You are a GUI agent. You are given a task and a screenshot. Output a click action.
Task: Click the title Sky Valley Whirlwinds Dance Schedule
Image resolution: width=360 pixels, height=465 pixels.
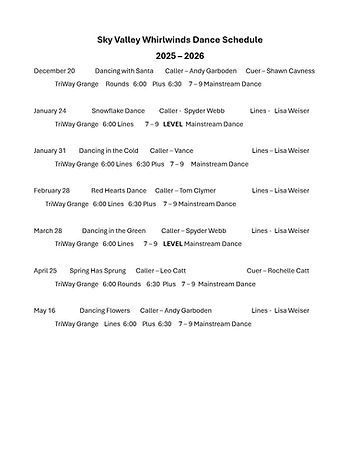click(180, 39)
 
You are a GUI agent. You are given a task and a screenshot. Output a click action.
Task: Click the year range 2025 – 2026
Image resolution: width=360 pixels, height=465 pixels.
click(180, 55)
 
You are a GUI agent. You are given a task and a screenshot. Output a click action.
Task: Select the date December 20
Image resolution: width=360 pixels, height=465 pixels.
click(54, 72)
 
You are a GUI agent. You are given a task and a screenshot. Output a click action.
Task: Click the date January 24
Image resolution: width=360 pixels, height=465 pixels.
click(50, 111)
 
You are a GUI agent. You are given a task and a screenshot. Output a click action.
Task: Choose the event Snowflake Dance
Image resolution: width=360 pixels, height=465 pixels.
click(119, 111)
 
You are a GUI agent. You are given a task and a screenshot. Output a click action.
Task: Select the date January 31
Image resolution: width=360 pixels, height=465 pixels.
click(49, 150)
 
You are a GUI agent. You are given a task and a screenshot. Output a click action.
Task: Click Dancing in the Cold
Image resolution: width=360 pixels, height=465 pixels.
click(110, 150)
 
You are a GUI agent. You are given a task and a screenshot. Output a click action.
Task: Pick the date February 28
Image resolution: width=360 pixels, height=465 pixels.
click(52, 190)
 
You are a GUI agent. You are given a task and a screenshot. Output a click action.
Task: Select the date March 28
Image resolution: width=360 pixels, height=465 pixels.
click(49, 230)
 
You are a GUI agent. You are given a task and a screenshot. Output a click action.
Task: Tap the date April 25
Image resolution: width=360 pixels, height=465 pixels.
click(46, 270)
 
